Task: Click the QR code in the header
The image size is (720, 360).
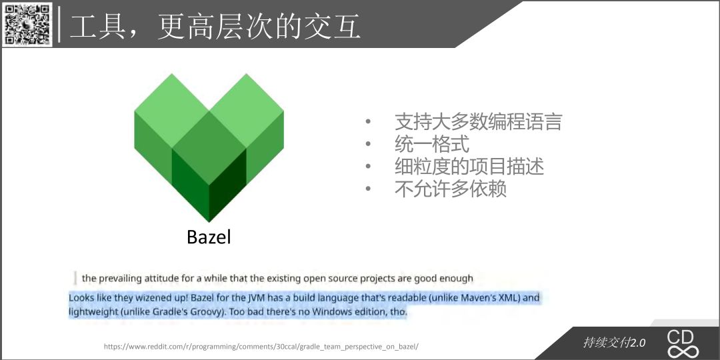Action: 27,24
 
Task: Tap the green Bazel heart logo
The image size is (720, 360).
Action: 209,148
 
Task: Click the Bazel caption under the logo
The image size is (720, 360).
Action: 209,237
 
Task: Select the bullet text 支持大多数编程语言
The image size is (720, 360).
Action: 479,122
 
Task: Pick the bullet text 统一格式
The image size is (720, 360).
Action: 432,144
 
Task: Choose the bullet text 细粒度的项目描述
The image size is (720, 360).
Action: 469,166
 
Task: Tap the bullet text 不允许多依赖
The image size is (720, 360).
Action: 451,189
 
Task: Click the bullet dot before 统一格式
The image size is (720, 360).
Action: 368,144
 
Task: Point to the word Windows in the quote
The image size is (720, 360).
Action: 331,312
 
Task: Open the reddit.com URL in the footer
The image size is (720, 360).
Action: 261,347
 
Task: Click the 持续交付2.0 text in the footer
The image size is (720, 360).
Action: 614,343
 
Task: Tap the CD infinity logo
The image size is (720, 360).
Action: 683,343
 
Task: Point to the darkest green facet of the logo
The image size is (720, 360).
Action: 228,185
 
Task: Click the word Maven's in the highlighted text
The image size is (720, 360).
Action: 479,297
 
